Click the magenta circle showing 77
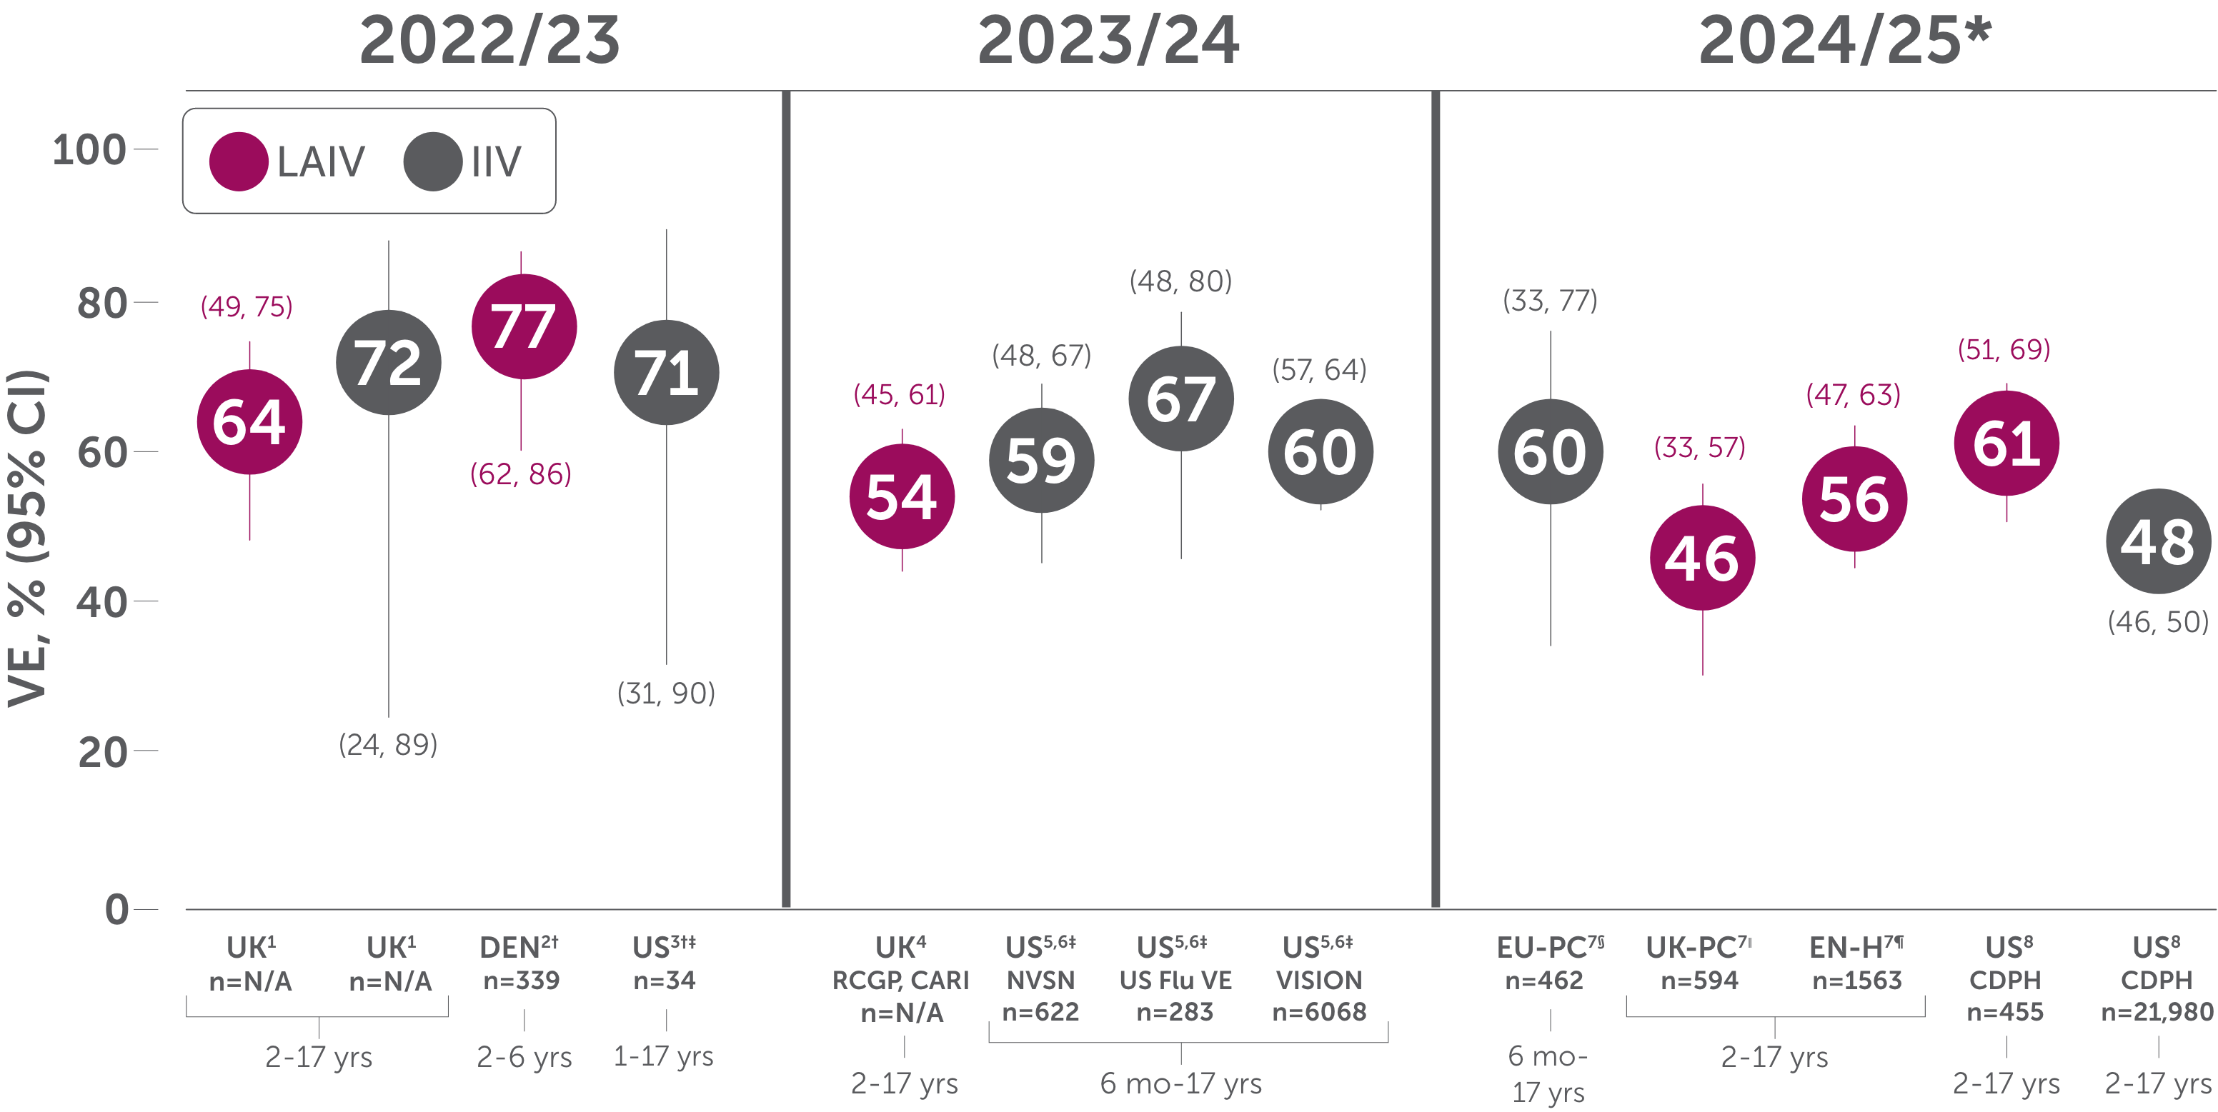pyautogui.click(x=524, y=326)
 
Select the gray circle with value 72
pyautogui.click(x=388, y=362)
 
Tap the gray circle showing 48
pyautogui.click(x=2158, y=541)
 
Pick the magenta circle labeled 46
pyautogui.click(x=1702, y=558)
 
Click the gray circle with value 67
pyautogui.click(x=1180, y=399)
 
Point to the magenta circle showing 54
pyautogui.click(x=902, y=496)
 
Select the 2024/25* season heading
pyautogui.click(x=1844, y=41)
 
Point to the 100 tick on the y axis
pyautogui.click(x=89, y=150)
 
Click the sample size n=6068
pyautogui.click(x=1319, y=1011)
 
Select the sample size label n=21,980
pyautogui.click(x=2157, y=1011)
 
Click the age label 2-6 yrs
pyautogui.click(x=524, y=1056)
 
